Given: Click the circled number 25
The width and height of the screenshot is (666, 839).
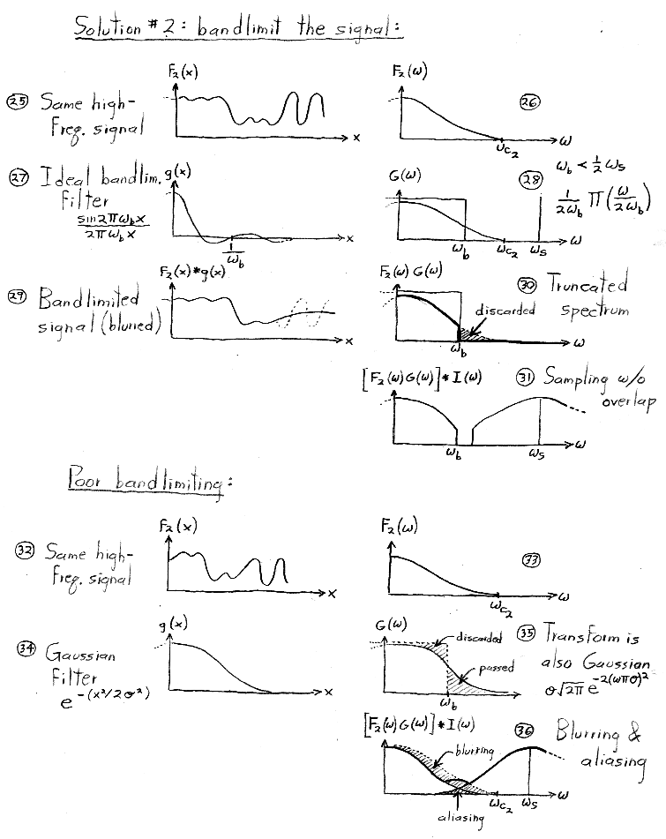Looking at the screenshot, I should pyautogui.click(x=17, y=101).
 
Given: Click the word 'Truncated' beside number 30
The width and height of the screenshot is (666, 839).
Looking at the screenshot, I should pyautogui.click(x=587, y=283).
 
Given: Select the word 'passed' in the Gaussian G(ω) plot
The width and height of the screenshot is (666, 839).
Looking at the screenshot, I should pyautogui.click(x=497, y=668).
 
